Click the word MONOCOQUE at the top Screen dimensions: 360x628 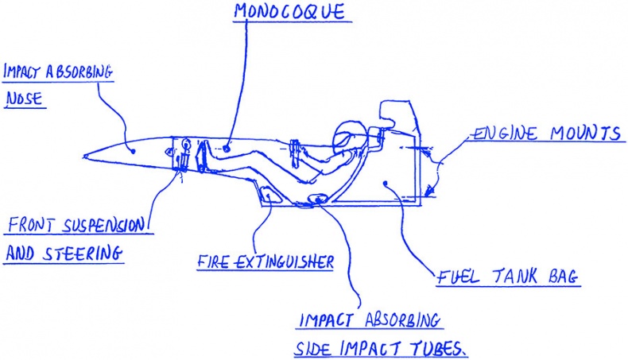click(x=290, y=14)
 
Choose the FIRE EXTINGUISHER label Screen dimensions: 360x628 click(x=265, y=261)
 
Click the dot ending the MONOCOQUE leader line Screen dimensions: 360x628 click(x=227, y=148)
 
